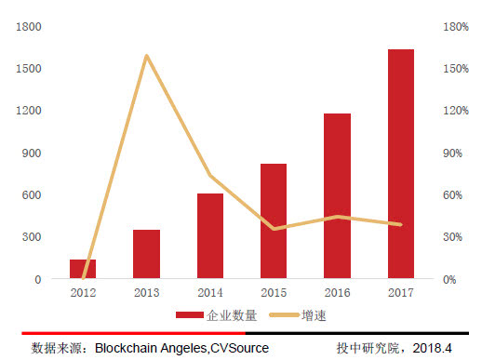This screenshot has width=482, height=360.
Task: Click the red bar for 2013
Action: pyautogui.click(x=146, y=254)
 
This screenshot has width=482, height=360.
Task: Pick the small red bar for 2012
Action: pyautogui.click(x=83, y=269)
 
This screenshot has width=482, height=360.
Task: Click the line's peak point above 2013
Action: pyautogui.click(x=147, y=56)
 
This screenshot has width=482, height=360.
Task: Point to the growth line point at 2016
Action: pyautogui.click(x=337, y=217)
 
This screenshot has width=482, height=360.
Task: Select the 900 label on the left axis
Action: pyautogui.click(x=31, y=153)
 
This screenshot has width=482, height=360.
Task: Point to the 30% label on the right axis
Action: pyautogui.click(x=451, y=237)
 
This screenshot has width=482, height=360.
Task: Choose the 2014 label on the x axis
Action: pyautogui.click(x=210, y=293)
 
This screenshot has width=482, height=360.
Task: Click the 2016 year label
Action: pyautogui.click(x=337, y=293)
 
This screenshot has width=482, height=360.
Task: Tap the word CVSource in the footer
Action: pyautogui.click(x=239, y=348)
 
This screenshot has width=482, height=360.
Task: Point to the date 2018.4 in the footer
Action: pyautogui.click(x=433, y=348)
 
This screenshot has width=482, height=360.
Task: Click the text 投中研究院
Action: pyautogui.click(x=368, y=348)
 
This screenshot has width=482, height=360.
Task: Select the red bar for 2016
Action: pyautogui.click(x=337, y=196)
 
